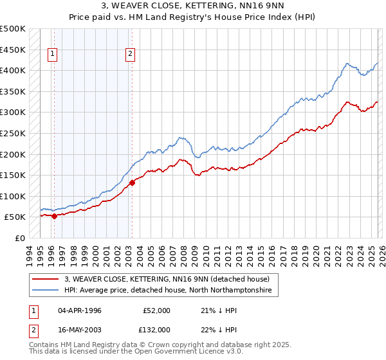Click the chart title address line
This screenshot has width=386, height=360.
point(193,6)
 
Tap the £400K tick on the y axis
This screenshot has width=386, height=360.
point(13,71)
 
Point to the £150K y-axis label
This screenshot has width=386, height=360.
point(13,175)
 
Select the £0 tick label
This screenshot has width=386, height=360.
point(19,238)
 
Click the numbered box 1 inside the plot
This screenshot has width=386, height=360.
point(52,55)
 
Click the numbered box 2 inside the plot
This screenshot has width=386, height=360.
point(130,55)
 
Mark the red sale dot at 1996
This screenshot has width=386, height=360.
point(54,216)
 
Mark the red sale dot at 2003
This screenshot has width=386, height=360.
point(132,183)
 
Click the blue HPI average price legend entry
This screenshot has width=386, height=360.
point(168,291)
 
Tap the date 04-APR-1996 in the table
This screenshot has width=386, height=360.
point(80,310)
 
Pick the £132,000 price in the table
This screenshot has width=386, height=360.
point(155,329)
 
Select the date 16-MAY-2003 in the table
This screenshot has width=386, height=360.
point(80,329)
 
